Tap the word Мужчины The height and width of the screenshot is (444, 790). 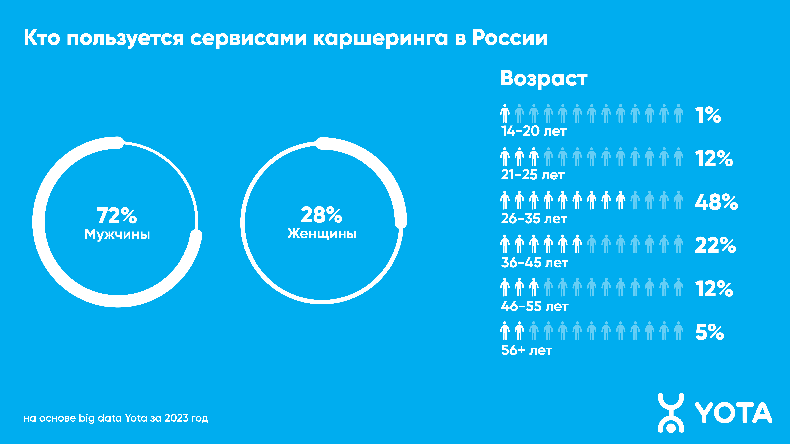coord(117,234)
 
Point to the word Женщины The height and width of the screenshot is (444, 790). coord(322,234)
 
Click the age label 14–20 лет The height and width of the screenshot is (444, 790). coord(534,131)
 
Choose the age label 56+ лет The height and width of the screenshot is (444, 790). coord(527,350)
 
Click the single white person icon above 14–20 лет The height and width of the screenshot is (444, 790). coord(504,113)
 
